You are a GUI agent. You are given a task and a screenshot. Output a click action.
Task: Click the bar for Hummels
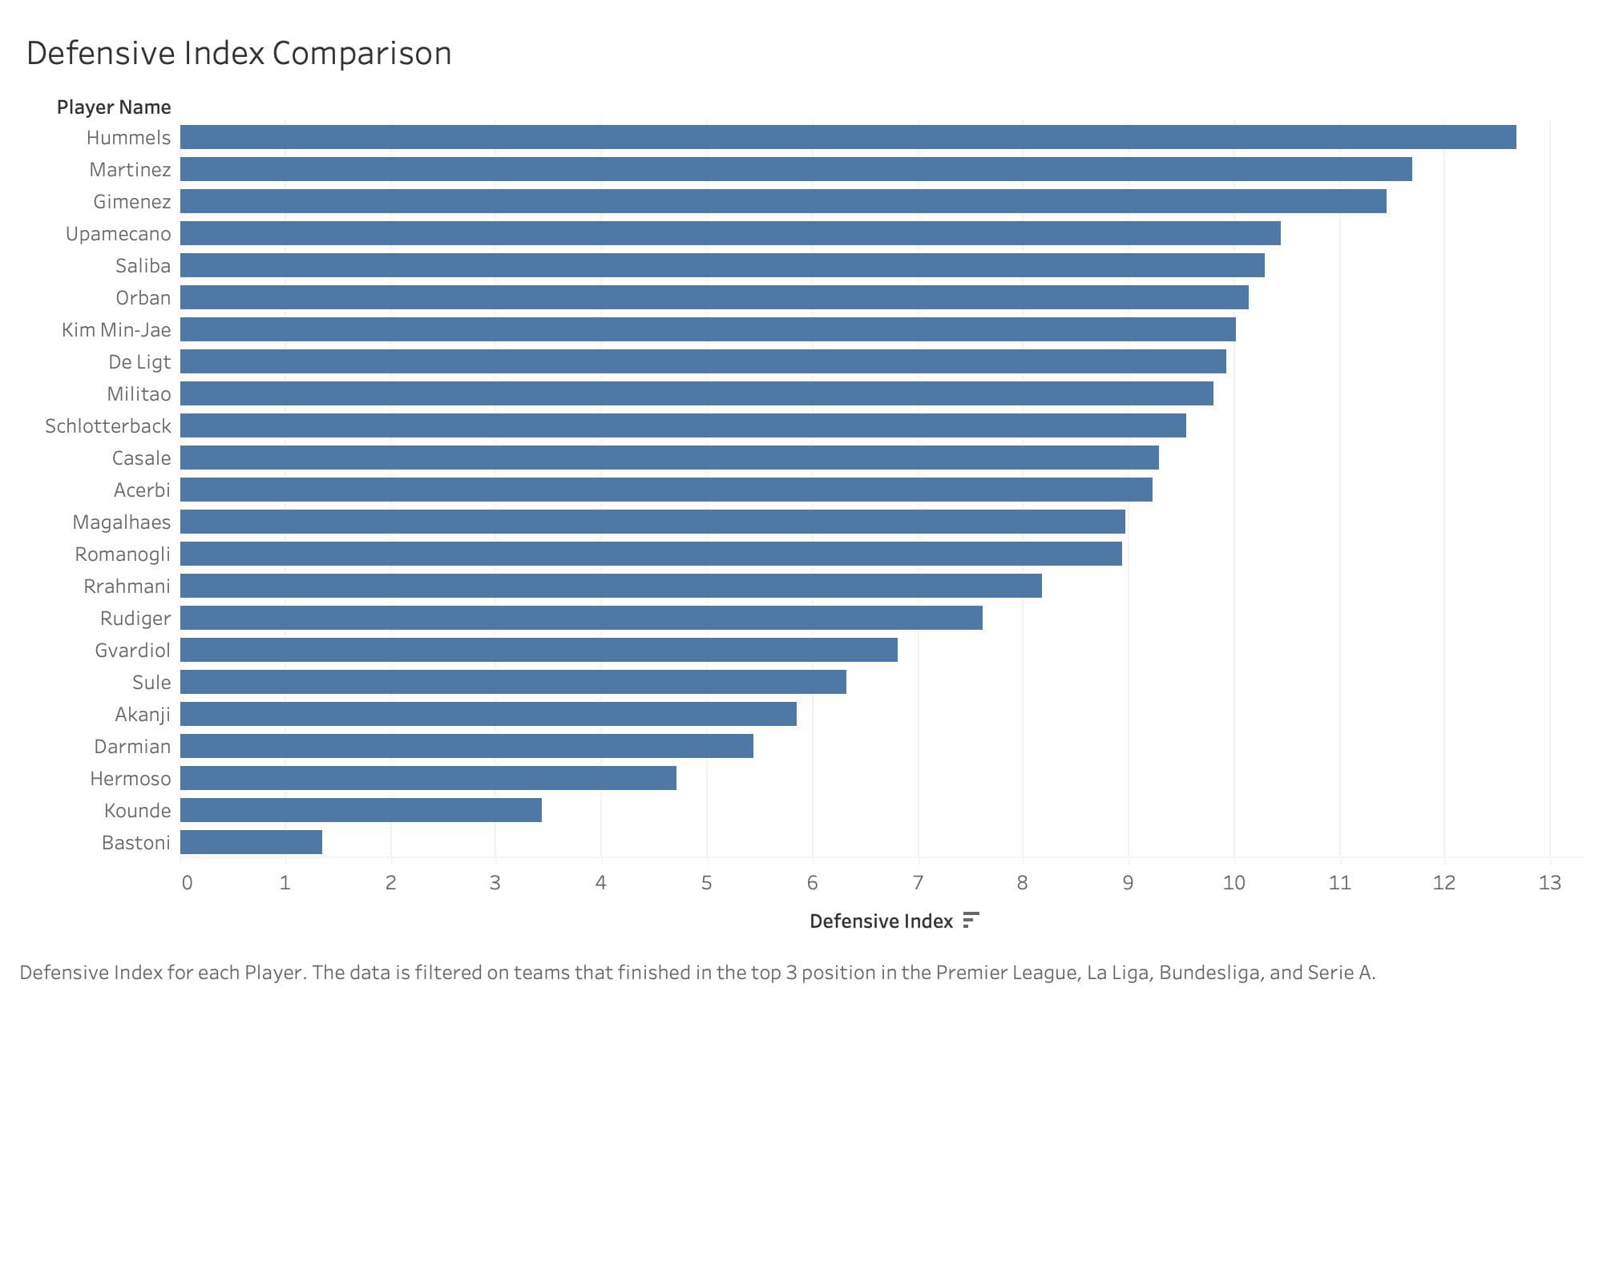[848, 137]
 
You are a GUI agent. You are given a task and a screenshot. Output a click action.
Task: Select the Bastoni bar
[251, 842]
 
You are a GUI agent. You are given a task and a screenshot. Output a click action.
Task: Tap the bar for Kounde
[361, 810]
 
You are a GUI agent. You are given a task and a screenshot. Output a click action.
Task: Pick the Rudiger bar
[581, 618]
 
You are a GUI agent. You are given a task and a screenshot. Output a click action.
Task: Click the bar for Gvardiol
[539, 650]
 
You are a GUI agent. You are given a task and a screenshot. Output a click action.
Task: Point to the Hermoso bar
[428, 778]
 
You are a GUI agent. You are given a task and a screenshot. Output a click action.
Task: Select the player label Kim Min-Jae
[116, 330]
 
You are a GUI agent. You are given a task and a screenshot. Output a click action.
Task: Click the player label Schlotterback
[108, 426]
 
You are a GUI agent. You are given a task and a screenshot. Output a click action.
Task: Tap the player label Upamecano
[119, 234]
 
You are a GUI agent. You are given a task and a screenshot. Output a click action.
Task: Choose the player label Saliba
[143, 266]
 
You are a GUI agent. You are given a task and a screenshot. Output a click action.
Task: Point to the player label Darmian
[132, 747]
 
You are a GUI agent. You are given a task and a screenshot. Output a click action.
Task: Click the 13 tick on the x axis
[1550, 883]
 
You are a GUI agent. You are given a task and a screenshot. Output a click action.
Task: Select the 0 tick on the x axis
[187, 883]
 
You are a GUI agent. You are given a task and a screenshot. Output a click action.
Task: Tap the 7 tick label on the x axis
[918, 883]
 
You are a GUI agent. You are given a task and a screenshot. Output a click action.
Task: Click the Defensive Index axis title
[881, 921]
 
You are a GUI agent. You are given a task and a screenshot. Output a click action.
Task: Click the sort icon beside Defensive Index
[971, 920]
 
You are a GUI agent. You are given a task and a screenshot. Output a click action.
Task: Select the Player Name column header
[114, 107]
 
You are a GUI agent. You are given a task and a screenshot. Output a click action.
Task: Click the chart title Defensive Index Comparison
[239, 54]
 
